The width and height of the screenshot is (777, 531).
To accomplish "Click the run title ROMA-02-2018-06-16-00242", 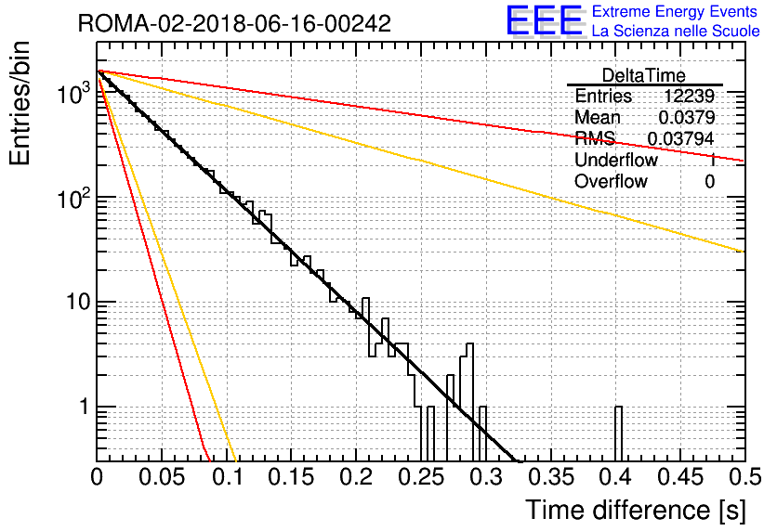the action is click(234, 23).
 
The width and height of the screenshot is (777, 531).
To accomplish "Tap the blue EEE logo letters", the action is click(544, 20).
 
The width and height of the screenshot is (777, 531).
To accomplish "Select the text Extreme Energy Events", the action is click(675, 11).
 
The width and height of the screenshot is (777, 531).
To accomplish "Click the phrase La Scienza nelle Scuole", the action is click(676, 32).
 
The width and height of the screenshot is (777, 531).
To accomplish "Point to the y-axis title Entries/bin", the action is click(20, 103).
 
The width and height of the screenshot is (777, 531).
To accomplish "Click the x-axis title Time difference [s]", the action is click(636, 510).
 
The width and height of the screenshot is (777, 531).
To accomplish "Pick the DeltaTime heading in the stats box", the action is click(643, 75).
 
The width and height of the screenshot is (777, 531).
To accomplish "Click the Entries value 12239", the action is click(689, 96).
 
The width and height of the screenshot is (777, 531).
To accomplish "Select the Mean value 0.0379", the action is click(687, 117).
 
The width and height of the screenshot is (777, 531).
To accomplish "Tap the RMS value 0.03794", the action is click(681, 139).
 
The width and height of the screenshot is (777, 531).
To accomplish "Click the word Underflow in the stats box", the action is click(616, 160).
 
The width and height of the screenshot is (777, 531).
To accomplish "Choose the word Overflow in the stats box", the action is click(611, 181).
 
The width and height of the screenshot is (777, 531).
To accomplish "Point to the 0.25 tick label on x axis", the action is click(421, 477).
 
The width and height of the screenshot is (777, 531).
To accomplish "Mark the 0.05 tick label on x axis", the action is click(162, 477).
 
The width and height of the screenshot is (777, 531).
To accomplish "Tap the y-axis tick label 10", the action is click(78, 302).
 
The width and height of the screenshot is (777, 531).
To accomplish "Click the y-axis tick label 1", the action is click(84, 407).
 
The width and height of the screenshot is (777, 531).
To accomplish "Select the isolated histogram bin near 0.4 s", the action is click(618, 434).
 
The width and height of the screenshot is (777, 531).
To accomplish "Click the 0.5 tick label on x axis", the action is click(744, 477).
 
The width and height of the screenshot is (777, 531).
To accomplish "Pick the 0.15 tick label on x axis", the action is click(292, 477).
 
